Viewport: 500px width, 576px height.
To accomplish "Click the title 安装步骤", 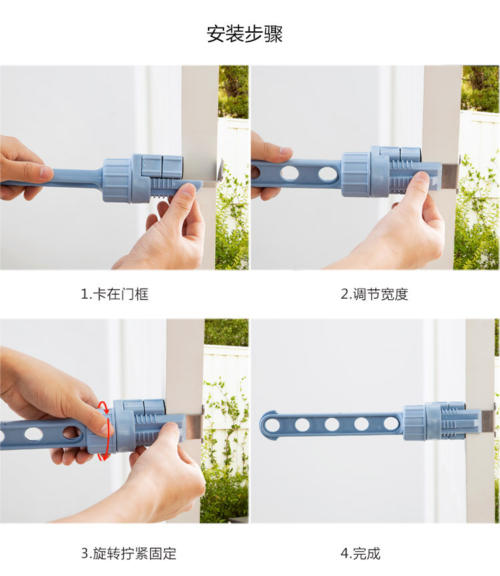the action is pyautogui.click(x=245, y=34).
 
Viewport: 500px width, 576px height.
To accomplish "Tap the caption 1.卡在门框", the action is pyautogui.click(x=115, y=294).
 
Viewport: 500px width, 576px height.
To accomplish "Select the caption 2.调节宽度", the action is pyautogui.click(x=375, y=294).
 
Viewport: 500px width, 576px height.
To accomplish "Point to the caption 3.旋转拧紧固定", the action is pyautogui.click(x=129, y=553).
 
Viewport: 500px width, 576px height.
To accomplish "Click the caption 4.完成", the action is pyautogui.click(x=361, y=553).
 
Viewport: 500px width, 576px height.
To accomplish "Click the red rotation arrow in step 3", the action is pyautogui.click(x=105, y=431).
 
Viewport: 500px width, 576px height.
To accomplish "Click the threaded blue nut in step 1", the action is pyautogui.click(x=117, y=181).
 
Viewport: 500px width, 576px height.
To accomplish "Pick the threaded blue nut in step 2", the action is pyautogui.click(x=355, y=175).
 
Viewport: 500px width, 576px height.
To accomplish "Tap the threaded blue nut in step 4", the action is pyautogui.click(x=414, y=423).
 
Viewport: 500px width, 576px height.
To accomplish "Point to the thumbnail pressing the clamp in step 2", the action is pyautogui.click(x=421, y=177).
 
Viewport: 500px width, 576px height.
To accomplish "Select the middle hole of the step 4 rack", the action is pyautogui.click(x=332, y=424).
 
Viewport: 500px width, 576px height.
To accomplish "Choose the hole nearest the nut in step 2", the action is pyautogui.click(x=328, y=174).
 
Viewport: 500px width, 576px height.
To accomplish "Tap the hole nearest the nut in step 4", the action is pyautogui.click(x=391, y=424).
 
